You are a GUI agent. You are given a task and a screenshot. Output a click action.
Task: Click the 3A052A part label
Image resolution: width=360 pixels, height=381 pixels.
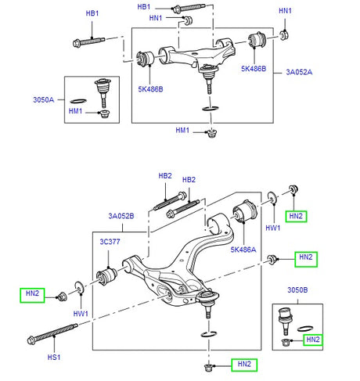[x=299, y=72]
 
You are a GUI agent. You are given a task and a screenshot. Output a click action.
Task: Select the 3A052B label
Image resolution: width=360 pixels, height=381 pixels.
[x=121, y=216]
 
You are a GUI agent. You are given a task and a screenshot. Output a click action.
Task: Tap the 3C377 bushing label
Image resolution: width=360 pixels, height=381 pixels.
[x=110, y=242]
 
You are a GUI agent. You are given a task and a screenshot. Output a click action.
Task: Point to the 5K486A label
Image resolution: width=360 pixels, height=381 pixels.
[x=243, y=250]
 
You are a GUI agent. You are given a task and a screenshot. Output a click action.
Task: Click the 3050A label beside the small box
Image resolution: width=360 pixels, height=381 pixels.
[x=44, y=99]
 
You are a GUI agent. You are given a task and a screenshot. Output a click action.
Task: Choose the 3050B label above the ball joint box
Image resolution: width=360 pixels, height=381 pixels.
[x=297, y=289]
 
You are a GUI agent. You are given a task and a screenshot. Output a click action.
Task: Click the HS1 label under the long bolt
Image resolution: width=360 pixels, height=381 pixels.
[x=54, y=357]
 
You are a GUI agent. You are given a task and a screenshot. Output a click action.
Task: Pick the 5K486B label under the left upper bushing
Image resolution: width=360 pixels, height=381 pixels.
[x=150, y=89]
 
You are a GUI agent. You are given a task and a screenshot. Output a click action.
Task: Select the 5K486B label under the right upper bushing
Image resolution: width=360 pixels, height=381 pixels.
[x=254, y=69]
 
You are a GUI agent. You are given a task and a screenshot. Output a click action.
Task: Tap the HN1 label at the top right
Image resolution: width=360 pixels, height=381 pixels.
[x=285, y=11]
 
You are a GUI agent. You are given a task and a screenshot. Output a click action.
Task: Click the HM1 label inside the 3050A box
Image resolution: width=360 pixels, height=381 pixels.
[x=75, y=111]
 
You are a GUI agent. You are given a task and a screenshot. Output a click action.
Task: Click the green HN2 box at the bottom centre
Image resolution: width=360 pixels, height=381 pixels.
[x=244, y=365]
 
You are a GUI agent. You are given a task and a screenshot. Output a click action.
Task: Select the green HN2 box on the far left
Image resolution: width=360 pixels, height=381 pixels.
[x=32, y=295]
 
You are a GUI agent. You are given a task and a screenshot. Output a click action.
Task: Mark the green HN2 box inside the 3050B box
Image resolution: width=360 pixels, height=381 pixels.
[x=313, y=340]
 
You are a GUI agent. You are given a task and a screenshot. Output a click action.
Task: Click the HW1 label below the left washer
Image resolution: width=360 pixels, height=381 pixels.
[x=81, y=314]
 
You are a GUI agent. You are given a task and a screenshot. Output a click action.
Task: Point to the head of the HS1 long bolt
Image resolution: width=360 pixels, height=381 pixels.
[x=31, y=340]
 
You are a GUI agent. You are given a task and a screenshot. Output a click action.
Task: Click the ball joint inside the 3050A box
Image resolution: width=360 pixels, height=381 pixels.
[x=103, y=92]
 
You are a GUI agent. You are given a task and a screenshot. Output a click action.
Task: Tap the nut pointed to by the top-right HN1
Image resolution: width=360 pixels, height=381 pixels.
[x=283, y=35]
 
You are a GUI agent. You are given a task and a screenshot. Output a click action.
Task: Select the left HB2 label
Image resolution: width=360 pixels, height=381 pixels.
[x=165, y=176]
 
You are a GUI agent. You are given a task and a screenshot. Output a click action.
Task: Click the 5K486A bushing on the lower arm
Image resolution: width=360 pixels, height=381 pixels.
[x=245, y=211]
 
